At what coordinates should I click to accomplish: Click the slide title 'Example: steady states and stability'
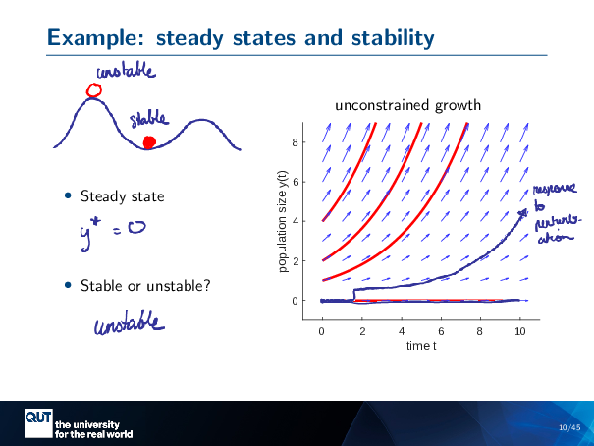tap(241, 39)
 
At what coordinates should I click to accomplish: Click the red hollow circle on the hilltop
tap(94, 91)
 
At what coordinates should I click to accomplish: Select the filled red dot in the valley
tap(149, 143)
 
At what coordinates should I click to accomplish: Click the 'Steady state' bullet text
tap(122, 197)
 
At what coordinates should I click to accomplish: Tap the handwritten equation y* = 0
tap(113, 232)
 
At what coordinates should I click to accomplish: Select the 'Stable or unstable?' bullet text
tap(144, 286)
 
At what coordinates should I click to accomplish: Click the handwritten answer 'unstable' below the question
tap(129, 324)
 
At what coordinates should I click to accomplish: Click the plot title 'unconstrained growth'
tap(407, 104)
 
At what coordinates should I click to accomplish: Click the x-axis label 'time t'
tap(420, 346)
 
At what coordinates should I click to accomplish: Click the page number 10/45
tap(568, 427)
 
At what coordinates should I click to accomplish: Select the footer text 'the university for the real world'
tap(93, 428)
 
